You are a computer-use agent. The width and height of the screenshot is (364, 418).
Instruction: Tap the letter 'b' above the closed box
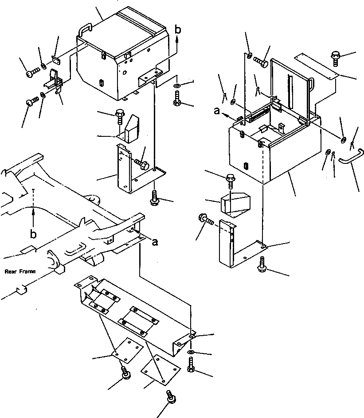coord(177,30)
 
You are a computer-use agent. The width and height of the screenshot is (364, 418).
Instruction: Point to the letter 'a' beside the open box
coord(217,112)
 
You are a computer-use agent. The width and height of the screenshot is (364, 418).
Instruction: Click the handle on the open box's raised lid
coord(313,83)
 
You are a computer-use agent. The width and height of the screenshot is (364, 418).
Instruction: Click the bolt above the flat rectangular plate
coord(335,57)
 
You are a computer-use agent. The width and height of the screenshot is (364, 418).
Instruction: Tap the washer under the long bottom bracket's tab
coord(191,352)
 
